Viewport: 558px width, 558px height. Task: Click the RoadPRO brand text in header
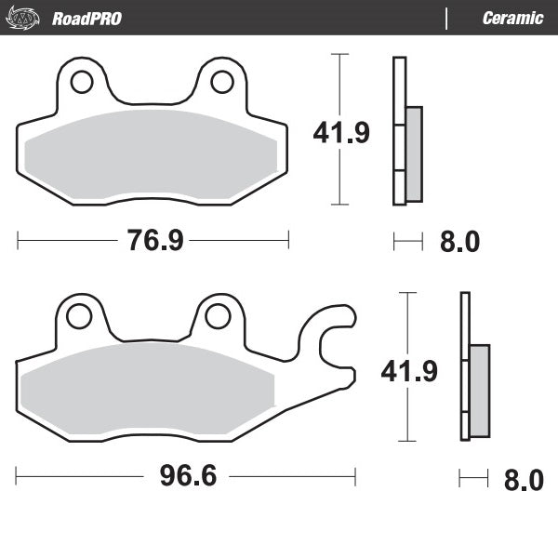click(x=86, y=18)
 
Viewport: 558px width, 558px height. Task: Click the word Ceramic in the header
click(x=512, y=18)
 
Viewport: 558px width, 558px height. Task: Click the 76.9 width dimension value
click(x=153, y=241)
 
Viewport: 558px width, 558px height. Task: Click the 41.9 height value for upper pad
click(x=341, y=133)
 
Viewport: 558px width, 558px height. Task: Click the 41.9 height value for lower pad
click(x=409, y=371)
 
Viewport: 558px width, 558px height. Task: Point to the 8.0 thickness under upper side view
click(x=458, y=242)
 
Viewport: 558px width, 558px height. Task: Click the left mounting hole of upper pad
click(x=82, y=82)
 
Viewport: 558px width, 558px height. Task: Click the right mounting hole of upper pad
click(x=221, y=82)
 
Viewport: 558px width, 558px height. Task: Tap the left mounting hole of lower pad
click(x=79, y=316)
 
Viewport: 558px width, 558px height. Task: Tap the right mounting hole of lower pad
click(x=218, y=316)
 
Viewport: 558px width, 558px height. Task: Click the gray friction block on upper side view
click(x=414, y=153)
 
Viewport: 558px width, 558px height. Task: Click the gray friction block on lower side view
click(x=479, y=391)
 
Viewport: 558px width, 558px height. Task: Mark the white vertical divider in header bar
click(x=448, y=18)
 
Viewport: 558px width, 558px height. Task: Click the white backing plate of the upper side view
click(x=399, y=93)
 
